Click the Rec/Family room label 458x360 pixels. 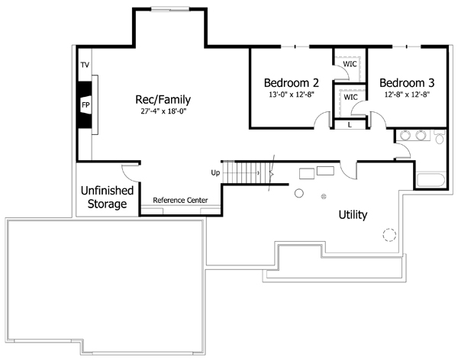pyautogui.click(x=163, y=99)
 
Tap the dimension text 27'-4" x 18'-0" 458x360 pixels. pyautogui.click(x=163, y=111)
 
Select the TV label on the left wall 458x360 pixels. pyautogui.click(x=85, y=66)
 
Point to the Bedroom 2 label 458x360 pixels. pyautogui.click(x=291, y=82)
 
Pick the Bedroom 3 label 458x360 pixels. pyautogui.click(x=406, y=82)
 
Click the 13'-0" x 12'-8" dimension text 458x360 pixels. pyautogui.click(x=291, y=95)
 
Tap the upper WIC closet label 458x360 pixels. pyautogui.click(x=350, y=63)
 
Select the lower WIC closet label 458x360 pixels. pyautogui.click(x=351, y=98)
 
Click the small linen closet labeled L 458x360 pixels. pyautogui.click(x=350, y=124)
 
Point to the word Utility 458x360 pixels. pyautogui.click(x=353, y=215)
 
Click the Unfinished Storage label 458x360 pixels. pyautogui.click(x=107, y=197)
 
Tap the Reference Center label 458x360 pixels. pyautogui.click(x=180, y=200)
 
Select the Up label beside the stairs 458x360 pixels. pyautogui.click(x=215, y=173)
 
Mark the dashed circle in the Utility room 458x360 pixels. pyautogui.click(x=390, y=236)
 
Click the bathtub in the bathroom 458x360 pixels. pyautogui.click(x=431, y=182)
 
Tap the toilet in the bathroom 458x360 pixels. pyautogui.click(x=439, y=137)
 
